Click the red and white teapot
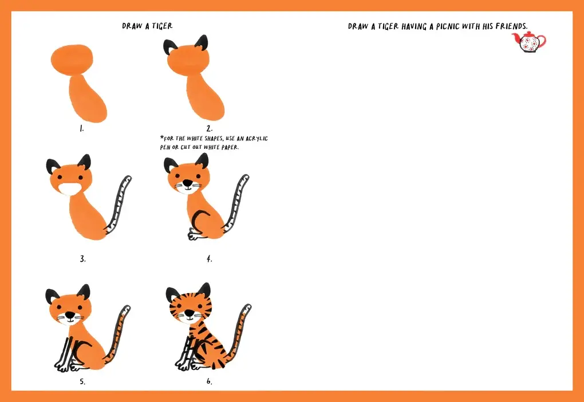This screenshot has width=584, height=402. (529, 42)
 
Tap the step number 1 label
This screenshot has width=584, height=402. (81, 128)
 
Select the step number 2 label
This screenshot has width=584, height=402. (210, 128)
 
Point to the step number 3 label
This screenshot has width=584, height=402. (82, 259)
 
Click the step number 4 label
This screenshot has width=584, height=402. (210, 259)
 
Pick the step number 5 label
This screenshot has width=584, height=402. (82, 381)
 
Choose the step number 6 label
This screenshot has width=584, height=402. (210, 381)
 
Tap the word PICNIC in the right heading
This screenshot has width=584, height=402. (448, 26)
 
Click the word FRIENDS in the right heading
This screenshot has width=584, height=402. (511, 26)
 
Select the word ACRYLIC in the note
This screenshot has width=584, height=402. (257, 139)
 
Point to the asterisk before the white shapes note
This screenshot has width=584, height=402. (162, 137)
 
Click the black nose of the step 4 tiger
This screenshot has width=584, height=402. (188, 183)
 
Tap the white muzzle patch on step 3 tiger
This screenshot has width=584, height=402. (70, 190)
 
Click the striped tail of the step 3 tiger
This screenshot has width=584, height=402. (120, 203)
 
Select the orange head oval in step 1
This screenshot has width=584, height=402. (72, 60)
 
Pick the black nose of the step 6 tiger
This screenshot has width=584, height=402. (190, 313)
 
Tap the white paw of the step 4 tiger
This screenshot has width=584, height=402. (194, 234)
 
